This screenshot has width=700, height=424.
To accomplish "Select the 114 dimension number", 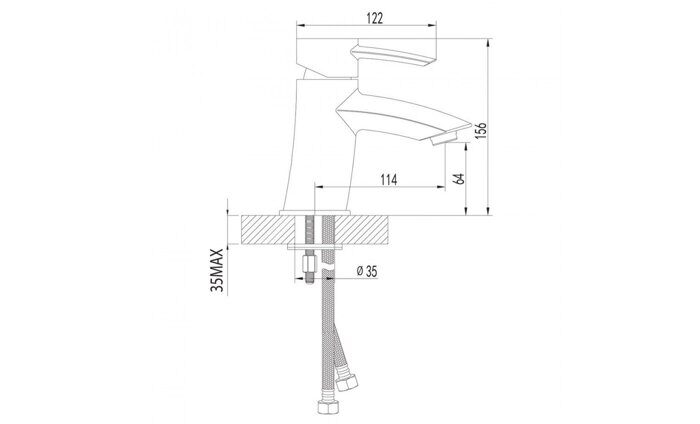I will pos(389,179).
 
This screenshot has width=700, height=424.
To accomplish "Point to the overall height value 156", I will pos(480,130).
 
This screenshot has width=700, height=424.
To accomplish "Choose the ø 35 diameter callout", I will pos(366,271).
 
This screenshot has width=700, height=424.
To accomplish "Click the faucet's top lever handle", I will pos(394,56).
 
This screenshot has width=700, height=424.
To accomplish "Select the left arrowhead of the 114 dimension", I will pos(319,187).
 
